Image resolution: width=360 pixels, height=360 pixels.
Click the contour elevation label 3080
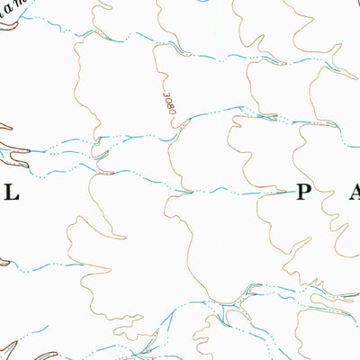(x=172, y=104)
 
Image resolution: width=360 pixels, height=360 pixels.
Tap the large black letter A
(x=352, y=193)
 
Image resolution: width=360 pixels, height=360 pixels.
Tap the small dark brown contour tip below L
(x=4, y=263)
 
